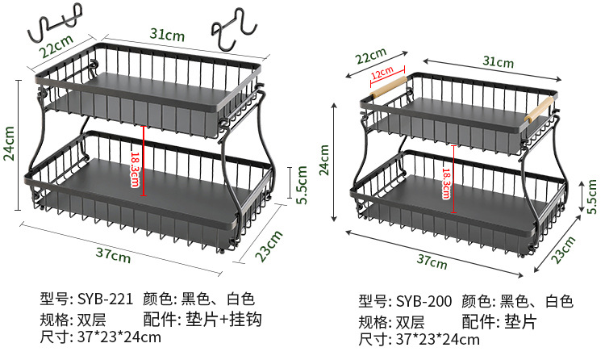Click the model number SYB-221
[105, 299]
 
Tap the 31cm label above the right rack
[498, 62]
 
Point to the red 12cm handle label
[382, 73]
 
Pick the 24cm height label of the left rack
[10, 143]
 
